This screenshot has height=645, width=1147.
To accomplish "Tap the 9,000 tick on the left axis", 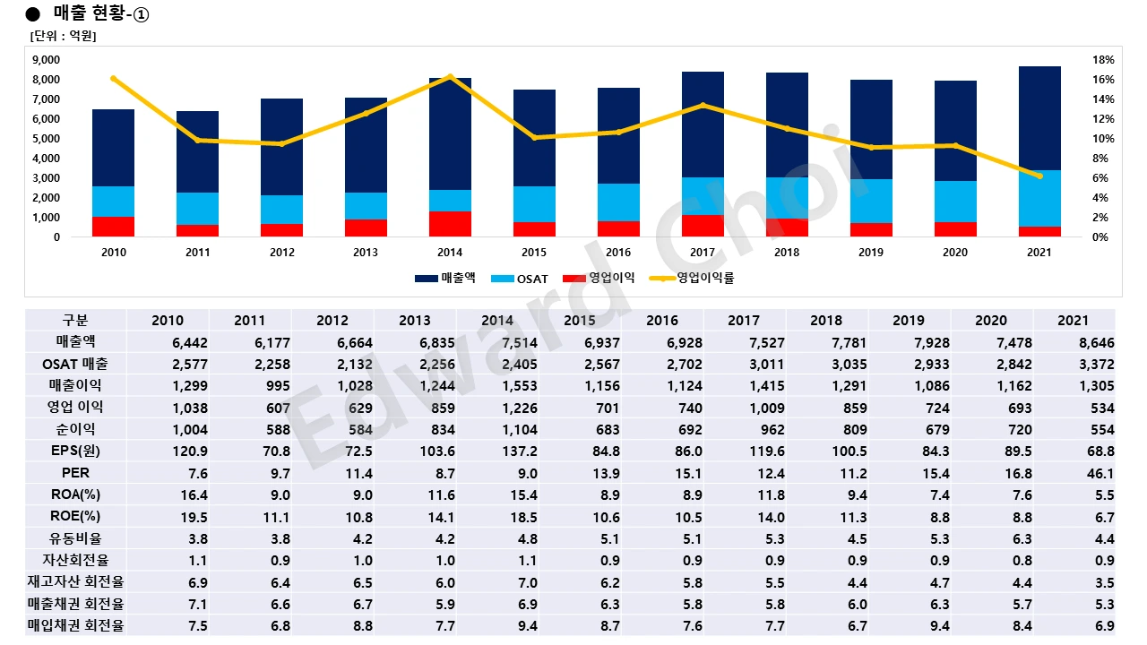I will click(x=46, y=60).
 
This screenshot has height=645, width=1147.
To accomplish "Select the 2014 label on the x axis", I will click(x=450, y=253).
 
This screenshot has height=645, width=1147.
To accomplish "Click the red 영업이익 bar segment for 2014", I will click(x=450, y=224).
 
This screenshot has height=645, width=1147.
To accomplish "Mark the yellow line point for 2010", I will click(x=114, y=79).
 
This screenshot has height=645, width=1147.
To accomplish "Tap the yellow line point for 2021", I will click(x=1039, y=176).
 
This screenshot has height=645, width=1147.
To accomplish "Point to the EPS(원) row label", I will click(x=76, y=451).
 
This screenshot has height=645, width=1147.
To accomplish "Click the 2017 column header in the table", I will click(x=744, y=320).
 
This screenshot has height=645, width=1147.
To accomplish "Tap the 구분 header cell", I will click(x=76, y=320).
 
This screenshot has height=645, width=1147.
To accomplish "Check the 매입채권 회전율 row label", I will click(x=76, y=625).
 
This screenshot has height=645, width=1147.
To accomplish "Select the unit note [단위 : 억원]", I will click(x=63, y=36).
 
